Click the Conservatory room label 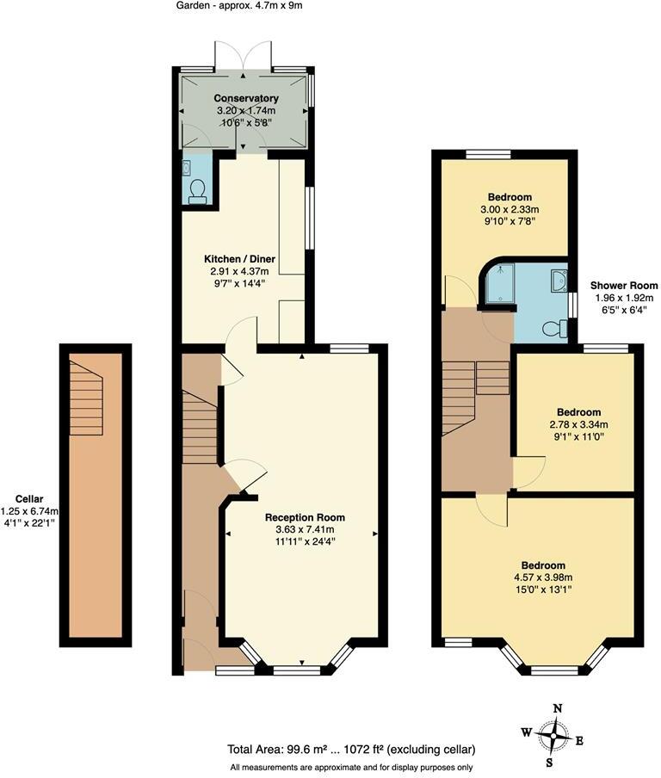(x=246, y=98)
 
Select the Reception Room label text (x=305, y=517)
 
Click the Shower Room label (x=624, y=286)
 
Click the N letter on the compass (x=558, y=708)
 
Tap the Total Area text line (x=351, y=749)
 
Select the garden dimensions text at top (x=240, y=5)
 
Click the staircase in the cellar (x=86, y=398)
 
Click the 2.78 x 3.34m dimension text (x=578, y=424)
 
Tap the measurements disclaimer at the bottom (x=351, y=767)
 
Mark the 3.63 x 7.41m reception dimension (x=305, y=529)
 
